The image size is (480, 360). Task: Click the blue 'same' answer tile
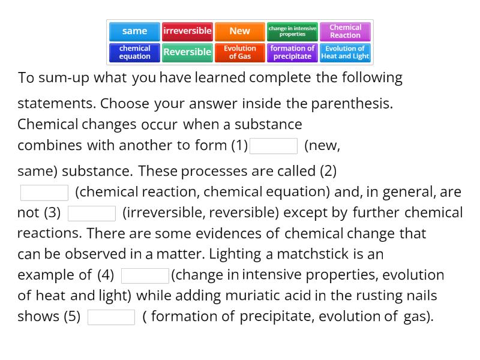[x=134, y=31]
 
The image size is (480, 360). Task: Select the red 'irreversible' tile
[x=187, y=31]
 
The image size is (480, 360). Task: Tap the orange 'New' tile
[x=239, y=31]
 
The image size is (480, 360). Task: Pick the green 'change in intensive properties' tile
[x=292, y=31]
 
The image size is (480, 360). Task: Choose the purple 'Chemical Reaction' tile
[x=345, y=31]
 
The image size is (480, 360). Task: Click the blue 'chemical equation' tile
[x=134, y=52]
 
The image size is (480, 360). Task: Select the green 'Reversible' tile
[x=187, y=52]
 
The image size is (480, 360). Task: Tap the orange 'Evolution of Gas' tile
[x=239, y=52]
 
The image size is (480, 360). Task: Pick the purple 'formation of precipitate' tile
[x=292, y=52]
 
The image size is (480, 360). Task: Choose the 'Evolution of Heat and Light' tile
[x=345, y=52]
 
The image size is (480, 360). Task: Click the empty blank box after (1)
[x=274, y=146]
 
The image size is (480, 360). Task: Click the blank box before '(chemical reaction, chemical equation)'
[x=44, y=193]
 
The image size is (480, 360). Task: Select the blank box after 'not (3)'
[x=92, y=214]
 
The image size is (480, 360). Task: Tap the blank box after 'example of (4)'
[x=145, y=276]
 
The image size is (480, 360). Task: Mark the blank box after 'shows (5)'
[x=112, y=317]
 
